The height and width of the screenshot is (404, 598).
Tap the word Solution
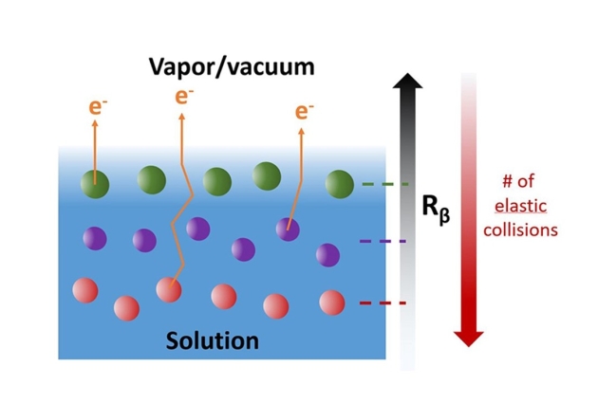213,340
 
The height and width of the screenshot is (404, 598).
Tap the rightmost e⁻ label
303,112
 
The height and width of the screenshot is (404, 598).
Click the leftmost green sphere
94,182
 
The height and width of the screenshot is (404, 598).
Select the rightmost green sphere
338,184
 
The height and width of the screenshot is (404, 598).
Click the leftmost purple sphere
95,238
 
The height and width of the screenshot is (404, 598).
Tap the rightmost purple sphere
327,254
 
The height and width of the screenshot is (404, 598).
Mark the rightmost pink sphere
332,303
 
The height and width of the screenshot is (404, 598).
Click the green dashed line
385,184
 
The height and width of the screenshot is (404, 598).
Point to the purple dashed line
383,242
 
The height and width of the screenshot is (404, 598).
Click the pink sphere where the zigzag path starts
169,289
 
